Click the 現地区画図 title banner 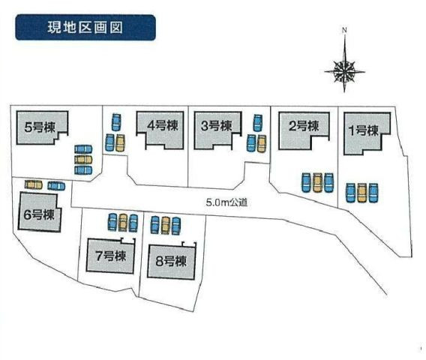coord(85,28)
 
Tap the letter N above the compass coord(344,30)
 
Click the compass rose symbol coord(344,72)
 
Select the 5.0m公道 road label coord(226,202)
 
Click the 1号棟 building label coord(364,130)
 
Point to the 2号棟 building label coord(304,126)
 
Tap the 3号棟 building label coord(217,126)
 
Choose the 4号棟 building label coord(163,125)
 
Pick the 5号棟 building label coord(40,127)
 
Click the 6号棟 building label coord(39,215)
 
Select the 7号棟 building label coord(111,256)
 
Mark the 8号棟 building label coord(171,261)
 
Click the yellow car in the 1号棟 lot coord(362,193)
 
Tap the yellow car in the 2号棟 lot coord(317,182)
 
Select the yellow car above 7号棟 coord(123,223)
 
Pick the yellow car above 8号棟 coord(166,225)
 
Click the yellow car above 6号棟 coord(34,185)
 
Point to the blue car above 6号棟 coord(56,186)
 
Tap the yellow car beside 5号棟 coord(83,160)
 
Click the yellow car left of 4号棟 coord(120,143)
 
